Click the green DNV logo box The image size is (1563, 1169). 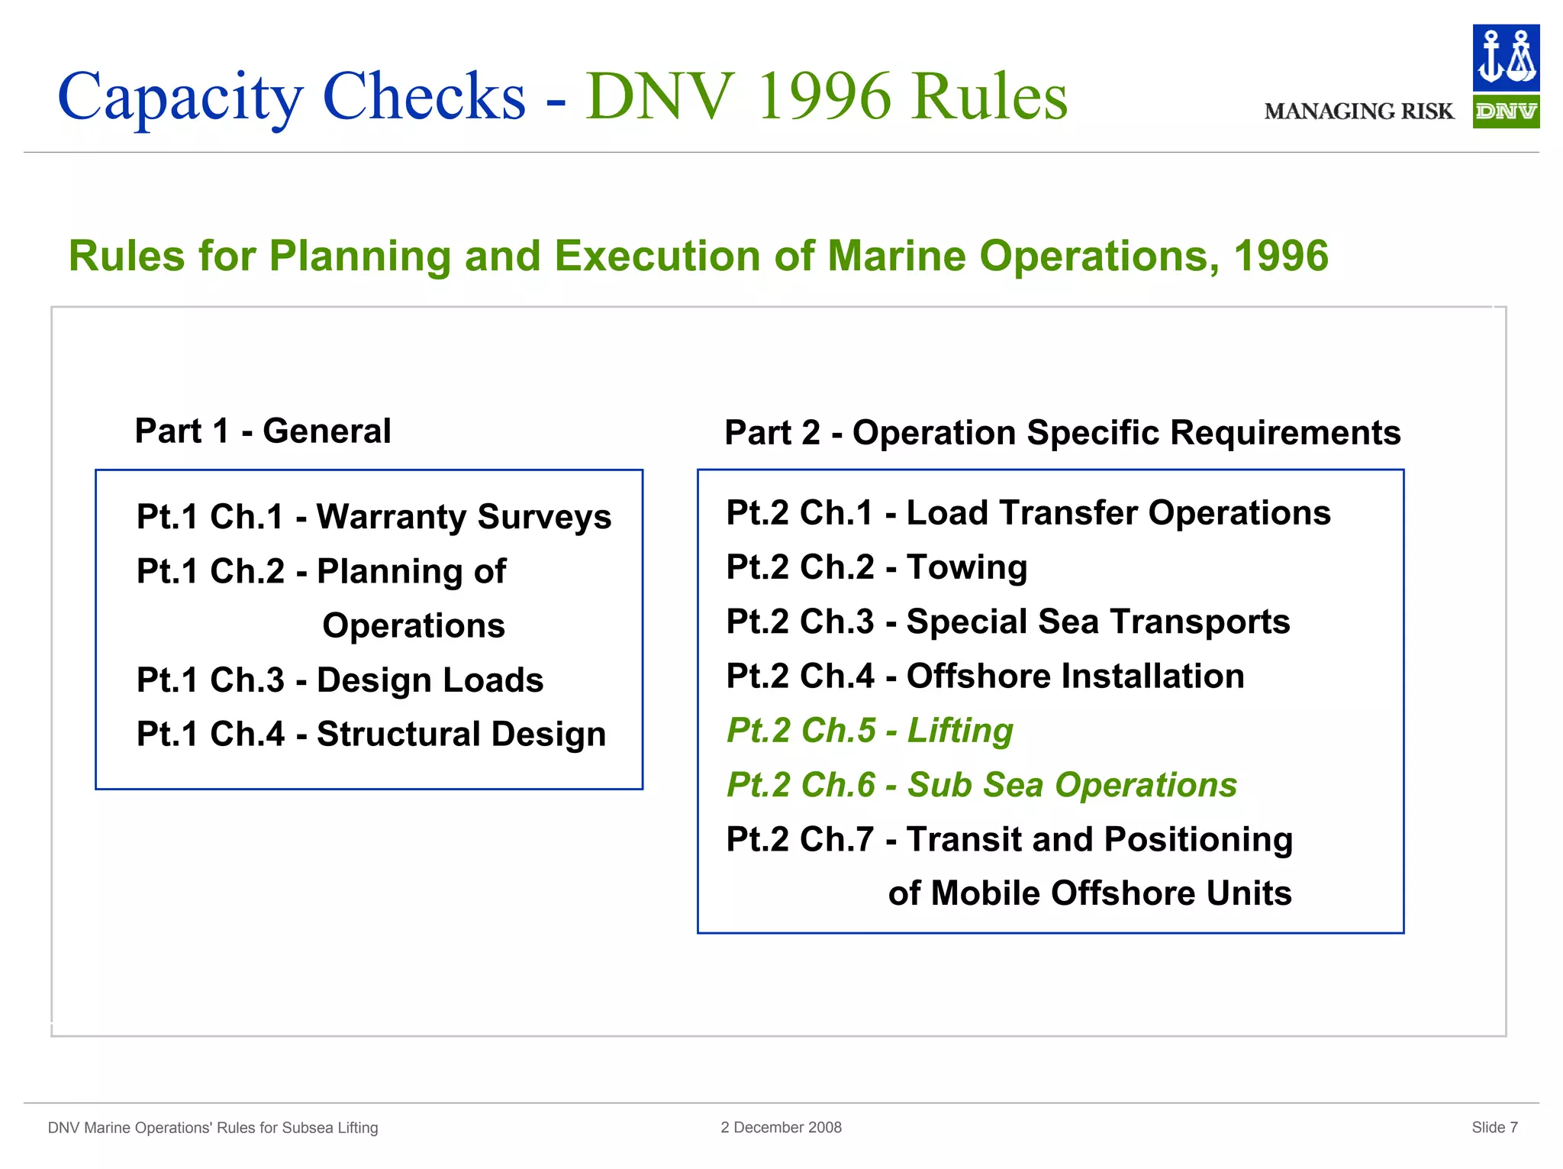(1505, 111)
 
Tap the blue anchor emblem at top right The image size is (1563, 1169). (1505, 57)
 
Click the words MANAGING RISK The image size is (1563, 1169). (1358, 111)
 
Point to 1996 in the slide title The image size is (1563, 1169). (824, 97)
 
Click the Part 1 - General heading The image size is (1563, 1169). (263, 431)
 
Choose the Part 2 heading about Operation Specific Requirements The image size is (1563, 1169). (1062, 432)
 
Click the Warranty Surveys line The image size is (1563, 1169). (373, 516)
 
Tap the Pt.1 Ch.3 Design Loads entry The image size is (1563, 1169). (340, 680)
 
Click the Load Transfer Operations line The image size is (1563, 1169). (1027, 512)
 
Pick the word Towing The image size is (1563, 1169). (966, 567)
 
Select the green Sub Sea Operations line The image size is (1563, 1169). (981, 785)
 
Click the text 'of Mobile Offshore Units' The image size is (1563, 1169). (1089, 893)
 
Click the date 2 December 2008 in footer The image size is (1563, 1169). (781, 1127)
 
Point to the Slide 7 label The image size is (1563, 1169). (1494, 1127)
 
